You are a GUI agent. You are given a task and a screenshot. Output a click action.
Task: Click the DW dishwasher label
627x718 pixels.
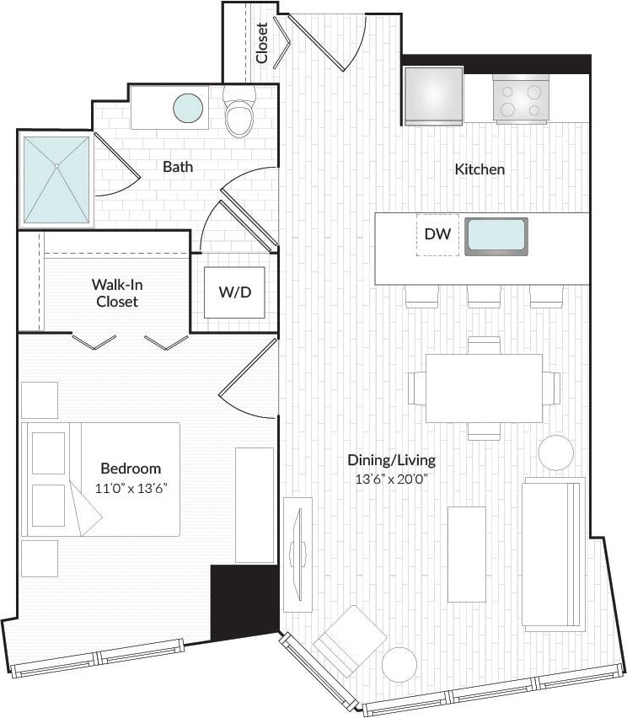(437, 235)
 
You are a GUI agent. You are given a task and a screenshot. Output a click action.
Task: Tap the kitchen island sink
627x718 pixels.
(496, 236)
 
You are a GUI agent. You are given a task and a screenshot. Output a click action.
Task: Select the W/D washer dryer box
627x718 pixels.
(235, 292)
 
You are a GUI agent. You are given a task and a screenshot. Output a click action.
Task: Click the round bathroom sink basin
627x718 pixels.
(188, 108)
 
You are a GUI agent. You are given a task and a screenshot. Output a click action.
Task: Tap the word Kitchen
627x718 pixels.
(480, 169)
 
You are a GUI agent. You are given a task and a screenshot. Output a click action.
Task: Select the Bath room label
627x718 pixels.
(178, 167)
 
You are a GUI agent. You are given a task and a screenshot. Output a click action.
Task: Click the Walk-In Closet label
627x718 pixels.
(116, 292)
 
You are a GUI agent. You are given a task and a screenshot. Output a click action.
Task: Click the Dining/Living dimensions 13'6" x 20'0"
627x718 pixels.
(391, 480)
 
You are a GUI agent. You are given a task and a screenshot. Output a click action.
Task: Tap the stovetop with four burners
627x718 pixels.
(521, 98)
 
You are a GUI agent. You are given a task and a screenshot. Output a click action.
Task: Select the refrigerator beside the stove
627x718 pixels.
(433, 95)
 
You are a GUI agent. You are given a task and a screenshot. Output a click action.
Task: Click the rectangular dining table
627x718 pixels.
(484, 388)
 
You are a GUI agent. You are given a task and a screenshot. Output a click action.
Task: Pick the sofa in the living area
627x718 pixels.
(553, 554)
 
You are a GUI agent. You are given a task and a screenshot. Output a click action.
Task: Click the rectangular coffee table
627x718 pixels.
(466, 554)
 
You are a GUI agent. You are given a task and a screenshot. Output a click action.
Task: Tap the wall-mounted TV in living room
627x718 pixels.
(297, 554)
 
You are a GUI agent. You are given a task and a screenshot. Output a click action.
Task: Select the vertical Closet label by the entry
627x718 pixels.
(261, 42)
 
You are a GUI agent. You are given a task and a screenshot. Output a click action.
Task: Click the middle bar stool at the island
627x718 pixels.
(484, 296)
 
